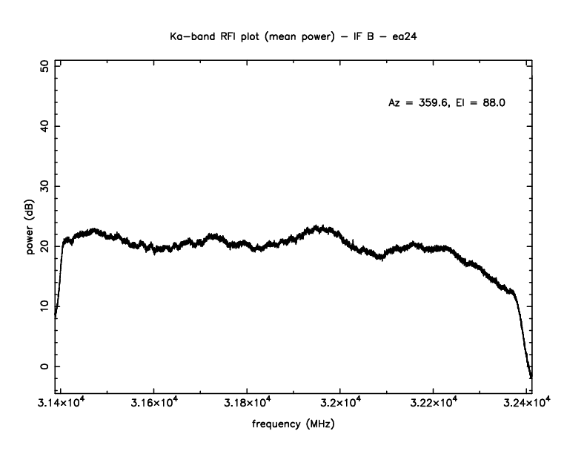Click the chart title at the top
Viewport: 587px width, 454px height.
293,35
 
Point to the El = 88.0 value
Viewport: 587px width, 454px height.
482,102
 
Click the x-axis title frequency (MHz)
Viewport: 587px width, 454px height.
293,427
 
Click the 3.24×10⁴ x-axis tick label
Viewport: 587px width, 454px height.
525,404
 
